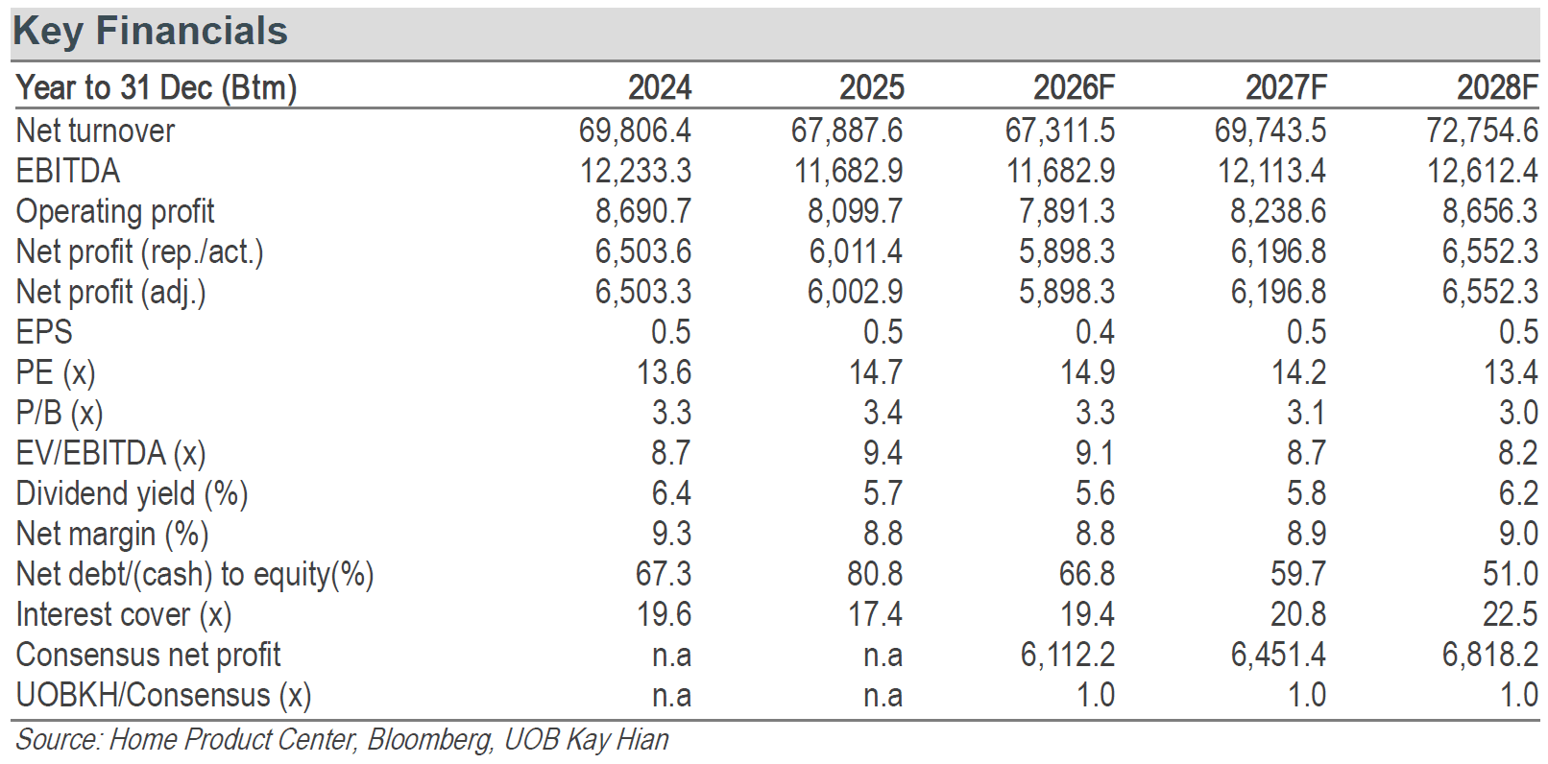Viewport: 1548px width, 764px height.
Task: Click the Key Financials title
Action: pos(150,32)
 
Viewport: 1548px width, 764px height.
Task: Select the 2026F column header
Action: pos(1074,87)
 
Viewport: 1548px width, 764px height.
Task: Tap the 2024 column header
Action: pos(660,87)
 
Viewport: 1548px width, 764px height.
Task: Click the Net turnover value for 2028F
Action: pos(1483,131)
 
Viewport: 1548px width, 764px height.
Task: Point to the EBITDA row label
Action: pos(68,171)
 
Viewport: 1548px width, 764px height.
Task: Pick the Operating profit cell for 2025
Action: pos(856,211)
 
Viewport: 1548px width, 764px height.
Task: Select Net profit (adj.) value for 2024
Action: pos(643,292)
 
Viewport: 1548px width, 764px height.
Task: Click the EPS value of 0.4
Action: pos(1096,331)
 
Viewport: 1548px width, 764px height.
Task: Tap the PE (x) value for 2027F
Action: pos(1299,372)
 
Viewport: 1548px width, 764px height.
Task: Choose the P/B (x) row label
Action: pos(60,413)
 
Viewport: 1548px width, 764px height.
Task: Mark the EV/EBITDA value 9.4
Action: pos(883,453)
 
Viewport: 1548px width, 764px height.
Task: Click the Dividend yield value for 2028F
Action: pos(1519,493)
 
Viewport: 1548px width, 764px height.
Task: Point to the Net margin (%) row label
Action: pos(112,534)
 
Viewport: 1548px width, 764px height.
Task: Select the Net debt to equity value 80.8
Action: pos(875,574)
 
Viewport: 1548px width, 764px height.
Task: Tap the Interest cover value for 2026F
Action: pos(1087,614)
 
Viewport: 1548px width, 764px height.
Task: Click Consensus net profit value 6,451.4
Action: pos(1278,655)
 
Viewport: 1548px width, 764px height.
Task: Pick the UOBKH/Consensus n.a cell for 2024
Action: pos(671,695)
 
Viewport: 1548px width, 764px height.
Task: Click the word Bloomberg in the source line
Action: pos(428,740)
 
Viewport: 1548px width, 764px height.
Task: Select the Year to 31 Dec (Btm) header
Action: pos(157,88)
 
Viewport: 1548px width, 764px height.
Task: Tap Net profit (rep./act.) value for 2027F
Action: pos(1278,251)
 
